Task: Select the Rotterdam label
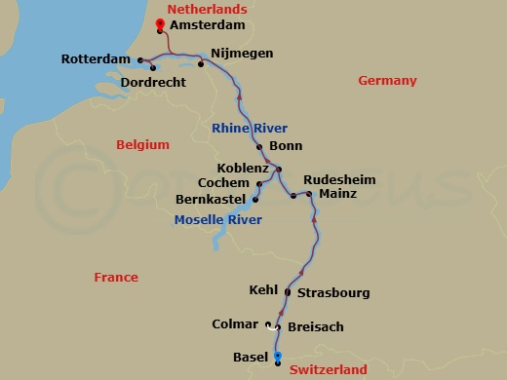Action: [x=96, y=59]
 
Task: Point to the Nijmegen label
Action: [x=241, y=53]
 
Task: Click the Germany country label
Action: [x=387, y=81]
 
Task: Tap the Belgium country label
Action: [x=142, y=145]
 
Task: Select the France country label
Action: [x=116, y=278]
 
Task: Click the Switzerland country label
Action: [x=328, y=370]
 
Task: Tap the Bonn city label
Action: [x=284, y=147]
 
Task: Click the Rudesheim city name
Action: [x=340, y=179]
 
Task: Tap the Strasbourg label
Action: [x=332, y=292]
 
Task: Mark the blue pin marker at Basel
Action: [x=277, y=358]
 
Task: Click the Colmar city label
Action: [x=234, y=324]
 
